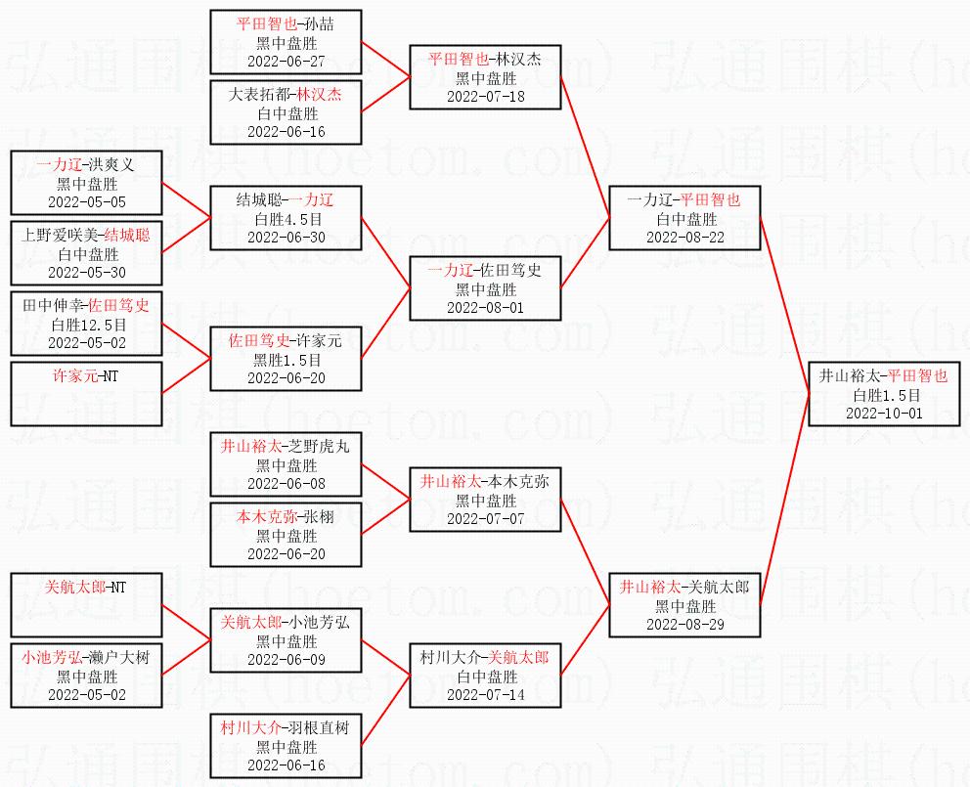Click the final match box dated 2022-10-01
pyautogui.click(x=886, y=393)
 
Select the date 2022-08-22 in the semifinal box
pyautogui.click(x=684, y=237)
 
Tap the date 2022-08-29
pyautogui.click(x=684, y=624)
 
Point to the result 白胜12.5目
pyautogui.click(x=87, y=325)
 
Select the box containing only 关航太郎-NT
pyautogui.click(x=87, y=606)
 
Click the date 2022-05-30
pyautogui.click(x=87, y=272)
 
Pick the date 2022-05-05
pyautogui.click(x=87, y=201)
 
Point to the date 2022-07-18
pyautogui.click(x=486, y=96)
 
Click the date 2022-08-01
pyautogui.click(x=486, y=307)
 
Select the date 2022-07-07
pyautogui.click(x=486, y=518)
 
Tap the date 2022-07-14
pyautogui.click(x=486, y=694)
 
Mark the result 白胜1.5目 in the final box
pyautogui.click(x=886, y=395)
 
